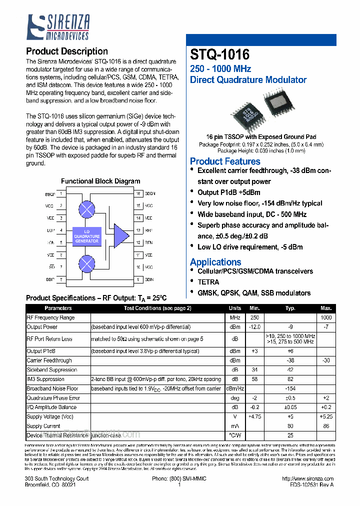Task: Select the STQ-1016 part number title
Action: [219, 54]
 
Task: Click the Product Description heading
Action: [66, 51]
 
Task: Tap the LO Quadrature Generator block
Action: [87, 236]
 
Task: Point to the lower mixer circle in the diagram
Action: [87, 263]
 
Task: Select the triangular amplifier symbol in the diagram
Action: [120, 236]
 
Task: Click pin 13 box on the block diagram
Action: [138, 230]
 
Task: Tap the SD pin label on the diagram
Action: [51, 267]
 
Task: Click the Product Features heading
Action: [225, 161]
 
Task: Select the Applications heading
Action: [215, 262]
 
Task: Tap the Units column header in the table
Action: [235, 308]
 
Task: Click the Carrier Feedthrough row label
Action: [49, 360]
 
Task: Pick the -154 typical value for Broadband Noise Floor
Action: [290, 388]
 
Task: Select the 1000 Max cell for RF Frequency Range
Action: [326, 318]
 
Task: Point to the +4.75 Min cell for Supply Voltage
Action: [254, 416]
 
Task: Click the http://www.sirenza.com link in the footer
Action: [307, 478]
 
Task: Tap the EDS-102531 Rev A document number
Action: [311, 485]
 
